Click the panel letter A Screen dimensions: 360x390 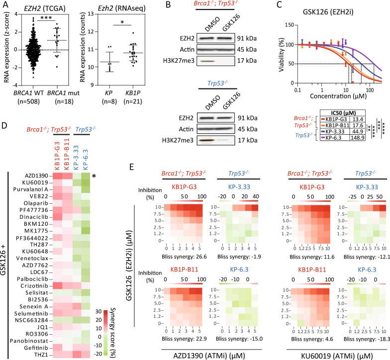(x=4, y=5)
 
